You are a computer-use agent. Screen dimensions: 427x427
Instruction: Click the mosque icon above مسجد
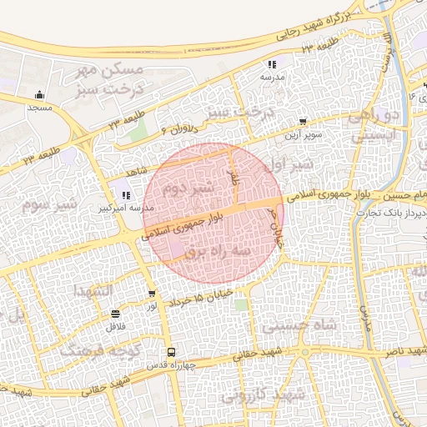tap(39, 94)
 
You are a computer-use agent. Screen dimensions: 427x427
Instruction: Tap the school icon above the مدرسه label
tap(272, 64)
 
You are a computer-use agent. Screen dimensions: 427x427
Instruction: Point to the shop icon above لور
tap(151, 294)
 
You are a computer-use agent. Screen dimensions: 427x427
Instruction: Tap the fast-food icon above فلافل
tap(114, 314)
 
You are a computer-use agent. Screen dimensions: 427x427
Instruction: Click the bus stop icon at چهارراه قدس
tap(171, 352)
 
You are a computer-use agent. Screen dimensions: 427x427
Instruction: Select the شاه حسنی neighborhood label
tap(296, 325)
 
